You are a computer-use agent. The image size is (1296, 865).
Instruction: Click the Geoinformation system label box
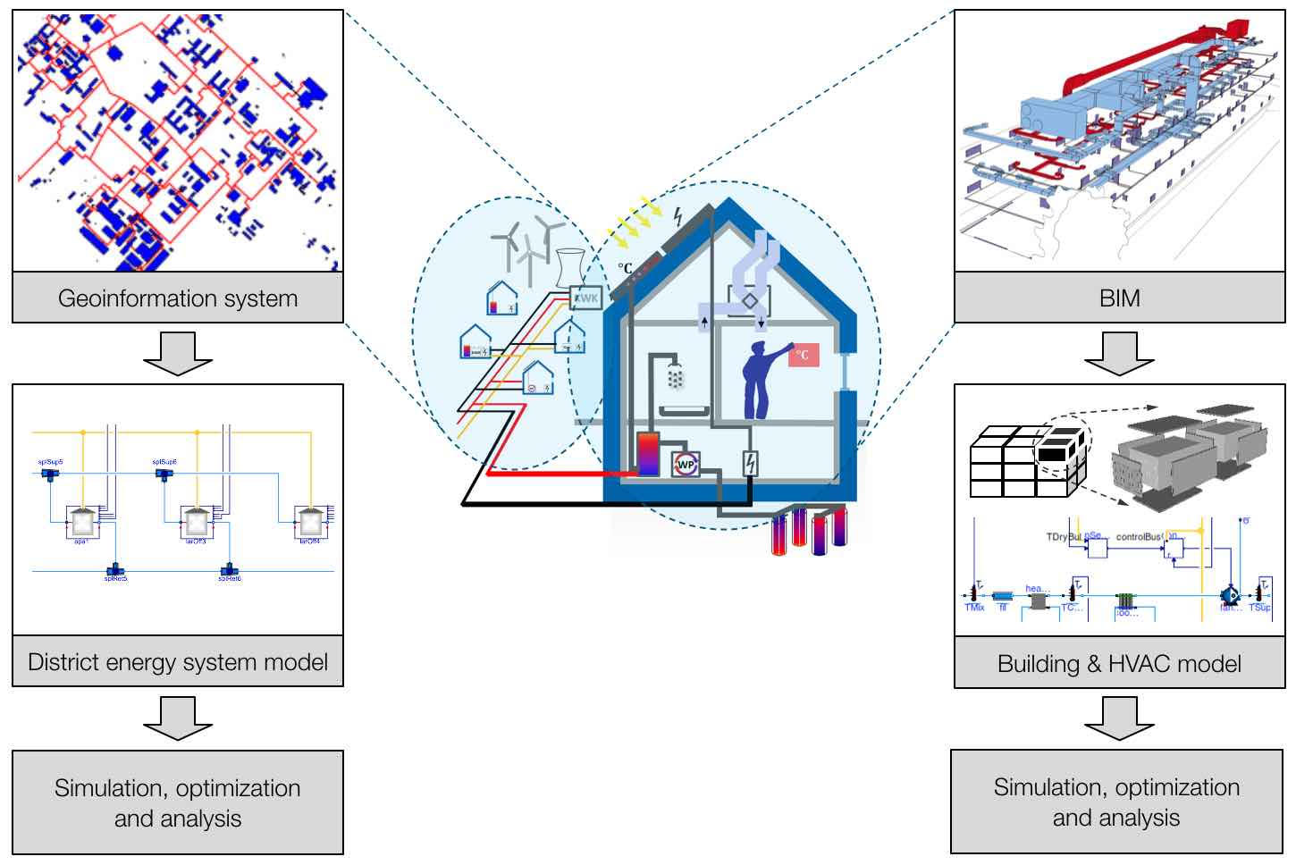coord(177,298)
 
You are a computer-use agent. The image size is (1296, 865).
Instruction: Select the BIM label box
coord(1119,298)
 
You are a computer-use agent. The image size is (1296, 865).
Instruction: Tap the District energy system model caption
coord(177,662)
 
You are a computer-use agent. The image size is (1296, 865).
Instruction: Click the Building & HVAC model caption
coord(1119,664)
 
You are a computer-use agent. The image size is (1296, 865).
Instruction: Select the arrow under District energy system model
coord(177,718)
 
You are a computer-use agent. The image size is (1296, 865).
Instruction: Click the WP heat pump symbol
coord(686,464)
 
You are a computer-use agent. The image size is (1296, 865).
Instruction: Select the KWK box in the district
coord(586,297)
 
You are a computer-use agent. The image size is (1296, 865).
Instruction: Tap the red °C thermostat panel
coord(803,355)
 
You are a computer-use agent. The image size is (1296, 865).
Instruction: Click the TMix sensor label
coord(973,608)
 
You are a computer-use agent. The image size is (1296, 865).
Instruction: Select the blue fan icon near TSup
coord(1230,593)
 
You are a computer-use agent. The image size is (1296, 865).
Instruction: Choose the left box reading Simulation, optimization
coord(177,802)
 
